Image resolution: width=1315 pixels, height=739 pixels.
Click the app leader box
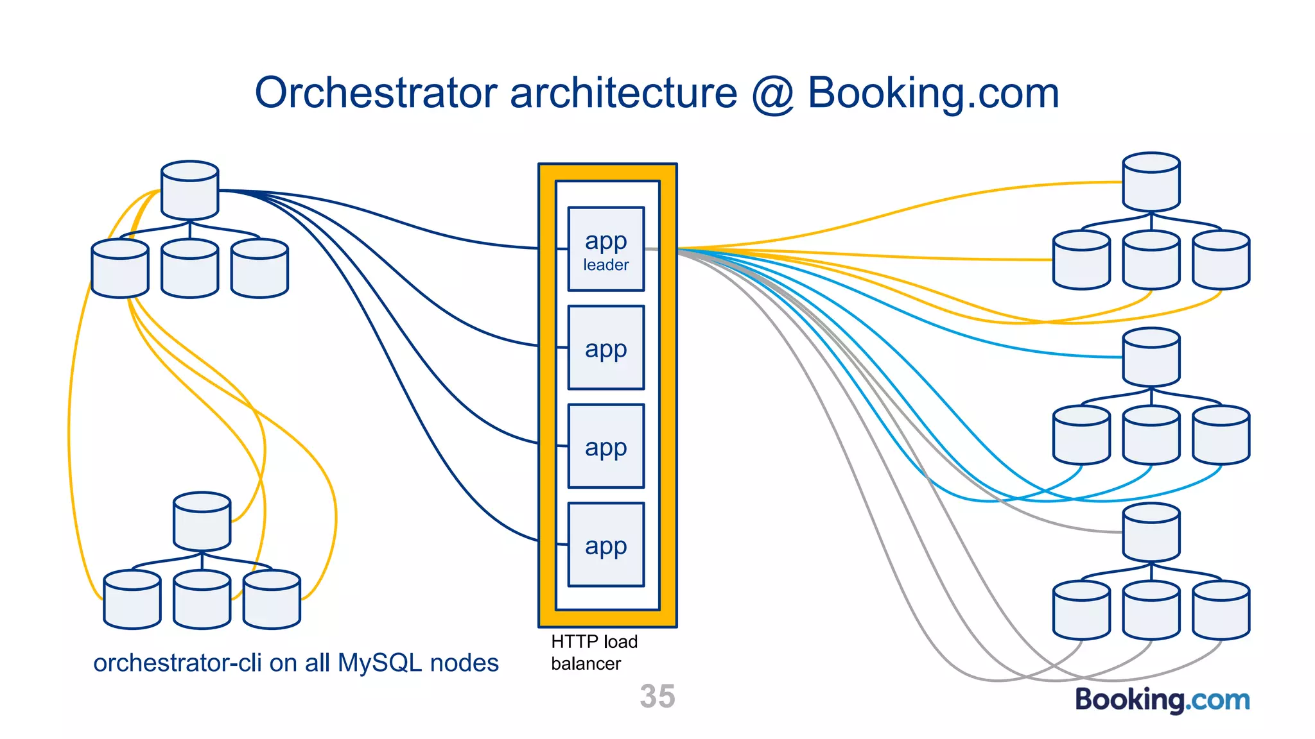pos(605,249)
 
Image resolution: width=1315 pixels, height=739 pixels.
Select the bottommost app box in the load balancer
pos(605,545)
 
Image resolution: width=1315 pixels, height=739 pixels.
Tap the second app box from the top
pos(605,348)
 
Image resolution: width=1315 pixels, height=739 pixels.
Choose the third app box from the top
pos(605,446)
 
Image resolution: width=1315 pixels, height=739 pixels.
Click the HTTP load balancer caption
pos(593,652)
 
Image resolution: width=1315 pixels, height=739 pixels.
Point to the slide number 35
pos(657,696)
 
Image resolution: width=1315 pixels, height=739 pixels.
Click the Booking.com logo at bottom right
pos(1162,699)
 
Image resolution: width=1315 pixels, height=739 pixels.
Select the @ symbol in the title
pos(772,94)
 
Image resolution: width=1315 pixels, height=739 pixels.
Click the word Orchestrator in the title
pos(376,93)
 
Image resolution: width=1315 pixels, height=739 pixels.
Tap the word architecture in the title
pos(623,93)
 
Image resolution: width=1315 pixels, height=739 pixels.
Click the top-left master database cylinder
pos(189,191)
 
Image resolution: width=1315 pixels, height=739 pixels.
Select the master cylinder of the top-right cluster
pos(1151,182)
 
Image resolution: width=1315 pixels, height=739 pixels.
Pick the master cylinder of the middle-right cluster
pos(1151,357)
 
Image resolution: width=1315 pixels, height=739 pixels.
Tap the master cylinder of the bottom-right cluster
pos(1151,532)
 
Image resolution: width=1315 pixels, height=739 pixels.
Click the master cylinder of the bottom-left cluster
pos(202,522)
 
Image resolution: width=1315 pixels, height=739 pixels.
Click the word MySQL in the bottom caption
pos(379,663)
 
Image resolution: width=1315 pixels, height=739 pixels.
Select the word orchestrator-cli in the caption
pos(177,663)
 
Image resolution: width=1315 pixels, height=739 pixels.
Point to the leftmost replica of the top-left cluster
pos(120,269)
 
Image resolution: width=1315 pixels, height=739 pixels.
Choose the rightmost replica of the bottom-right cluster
pos(1220,610)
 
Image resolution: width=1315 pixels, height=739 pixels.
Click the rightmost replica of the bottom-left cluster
pos(272,600)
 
